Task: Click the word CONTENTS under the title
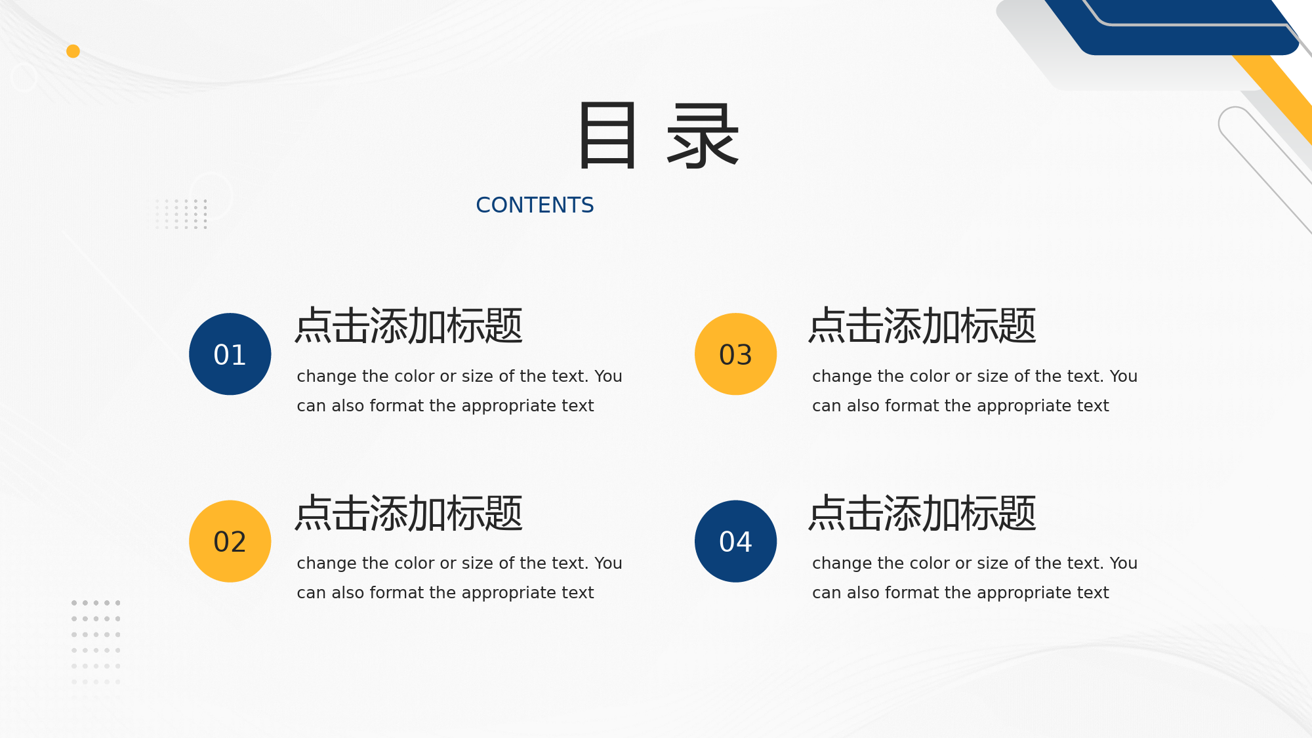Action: click(535, 205)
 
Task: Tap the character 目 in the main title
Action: click(607, 136)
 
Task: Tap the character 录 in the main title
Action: click(703, 136)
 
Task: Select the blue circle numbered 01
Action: click(230, 354)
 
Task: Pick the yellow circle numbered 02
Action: click(230, 541)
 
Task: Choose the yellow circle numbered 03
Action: click(736, 354)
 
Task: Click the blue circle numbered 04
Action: click(736, 541)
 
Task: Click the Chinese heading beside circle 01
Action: click(409, 326)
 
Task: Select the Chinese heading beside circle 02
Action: click(409, 513)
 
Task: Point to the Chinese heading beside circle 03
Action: click(922, 326)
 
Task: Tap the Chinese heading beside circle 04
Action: click(922, 513)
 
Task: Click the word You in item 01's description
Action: click(608, 377)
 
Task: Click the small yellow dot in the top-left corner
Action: click(73, 51)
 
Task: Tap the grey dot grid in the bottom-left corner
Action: click(96, 642)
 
